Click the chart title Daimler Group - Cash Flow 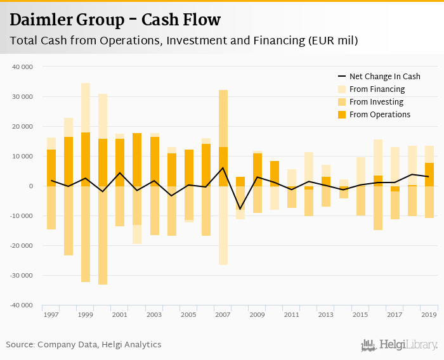click(115, 20)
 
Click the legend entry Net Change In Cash click(384, 76)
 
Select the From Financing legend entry click(377, 89)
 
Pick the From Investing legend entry click(376, 102)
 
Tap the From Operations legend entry click(379, 115)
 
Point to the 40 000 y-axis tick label click(22, 67)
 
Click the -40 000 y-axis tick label click(21, 305)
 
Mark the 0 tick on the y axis click(29, 186)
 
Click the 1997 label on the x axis click(51, 315)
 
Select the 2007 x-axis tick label click(223, 315)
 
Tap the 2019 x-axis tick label click(428, 315)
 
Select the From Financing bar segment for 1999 click(86, 108)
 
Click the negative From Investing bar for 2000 click(103, 235)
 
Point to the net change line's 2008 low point click(240, 209)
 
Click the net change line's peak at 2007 click(223, 168)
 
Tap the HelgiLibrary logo click(400, 345)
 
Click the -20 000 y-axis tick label click(21, 246)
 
